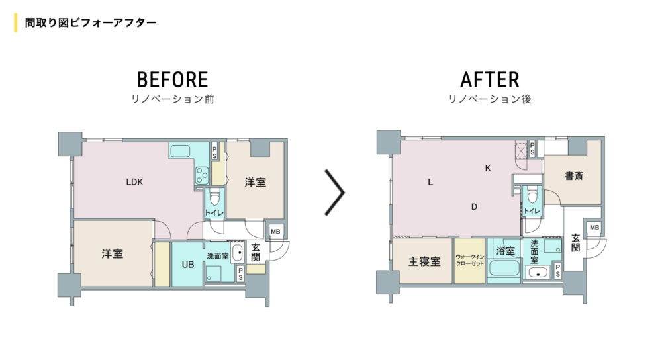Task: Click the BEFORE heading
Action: pyautogui.click(x=172, y=80)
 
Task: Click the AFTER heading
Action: pyautogui.click(x=490, y=80)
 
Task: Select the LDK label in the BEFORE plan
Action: pyautogui.click(x=134, y=182)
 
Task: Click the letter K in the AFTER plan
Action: pyautogui.click(x=488, y=168)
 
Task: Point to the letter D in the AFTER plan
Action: pyautogui.click(x=474, y=206)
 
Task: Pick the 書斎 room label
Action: pyautogui.click(x=574, y=175)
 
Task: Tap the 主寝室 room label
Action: pyautogui.click(x=424, y=261)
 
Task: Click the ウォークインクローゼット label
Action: pyautogui.click(x=470, y=260)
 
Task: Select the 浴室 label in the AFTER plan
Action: pyautogui.click(x=505, y=251)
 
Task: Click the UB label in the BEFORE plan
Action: pyautogui.click(x=188, y=265)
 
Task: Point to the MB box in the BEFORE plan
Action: pyautogui.click(x=275, y=232)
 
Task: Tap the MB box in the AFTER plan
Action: pyautogui.click(x=594, y=228)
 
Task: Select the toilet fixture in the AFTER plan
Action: pyautogui.click(x=532, y=195)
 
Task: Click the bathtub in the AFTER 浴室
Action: pyautogui.click(x=504, y=269)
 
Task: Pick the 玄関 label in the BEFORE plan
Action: pyautogui.click(x=256, y=252)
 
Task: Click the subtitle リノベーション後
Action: pyautogui.click(x=490, y=99)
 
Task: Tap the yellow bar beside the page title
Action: pyautogui.click(x=16, y=22)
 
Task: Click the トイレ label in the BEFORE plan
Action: pyautogui.click(x=214, y=212)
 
